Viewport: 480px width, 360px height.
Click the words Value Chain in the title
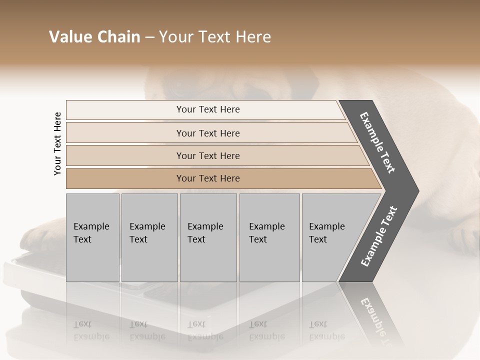pyautogui.click(x=94, y=37)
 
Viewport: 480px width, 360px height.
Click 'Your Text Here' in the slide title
pyautogui.click(x=214, y=37)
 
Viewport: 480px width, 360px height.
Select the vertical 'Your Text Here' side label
pyautogui.click(x=57, y=143)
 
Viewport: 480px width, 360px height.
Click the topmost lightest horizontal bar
pyautogui.click(x=207, y=109)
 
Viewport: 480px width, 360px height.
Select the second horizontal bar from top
pyautogui.click(x=207, y=133)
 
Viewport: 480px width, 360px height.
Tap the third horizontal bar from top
pyautogui.click(x=207, y=155)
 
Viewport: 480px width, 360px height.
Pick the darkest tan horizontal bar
pyautogui.click(x=207, y=178)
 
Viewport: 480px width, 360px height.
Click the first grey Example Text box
pyautogui.click(x=92, y=237)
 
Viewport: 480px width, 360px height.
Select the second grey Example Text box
pyautogui.click(x=149, y=237)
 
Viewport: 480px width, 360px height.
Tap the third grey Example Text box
pyautogui.click(x=207, y=237)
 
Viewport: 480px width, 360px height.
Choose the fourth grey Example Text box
pyautogui.click(x=269, y=237)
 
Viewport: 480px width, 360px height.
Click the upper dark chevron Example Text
pyautogui.click(x=378, y=142)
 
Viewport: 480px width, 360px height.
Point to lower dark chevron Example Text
pyautogui.click(x=379, y=236)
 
